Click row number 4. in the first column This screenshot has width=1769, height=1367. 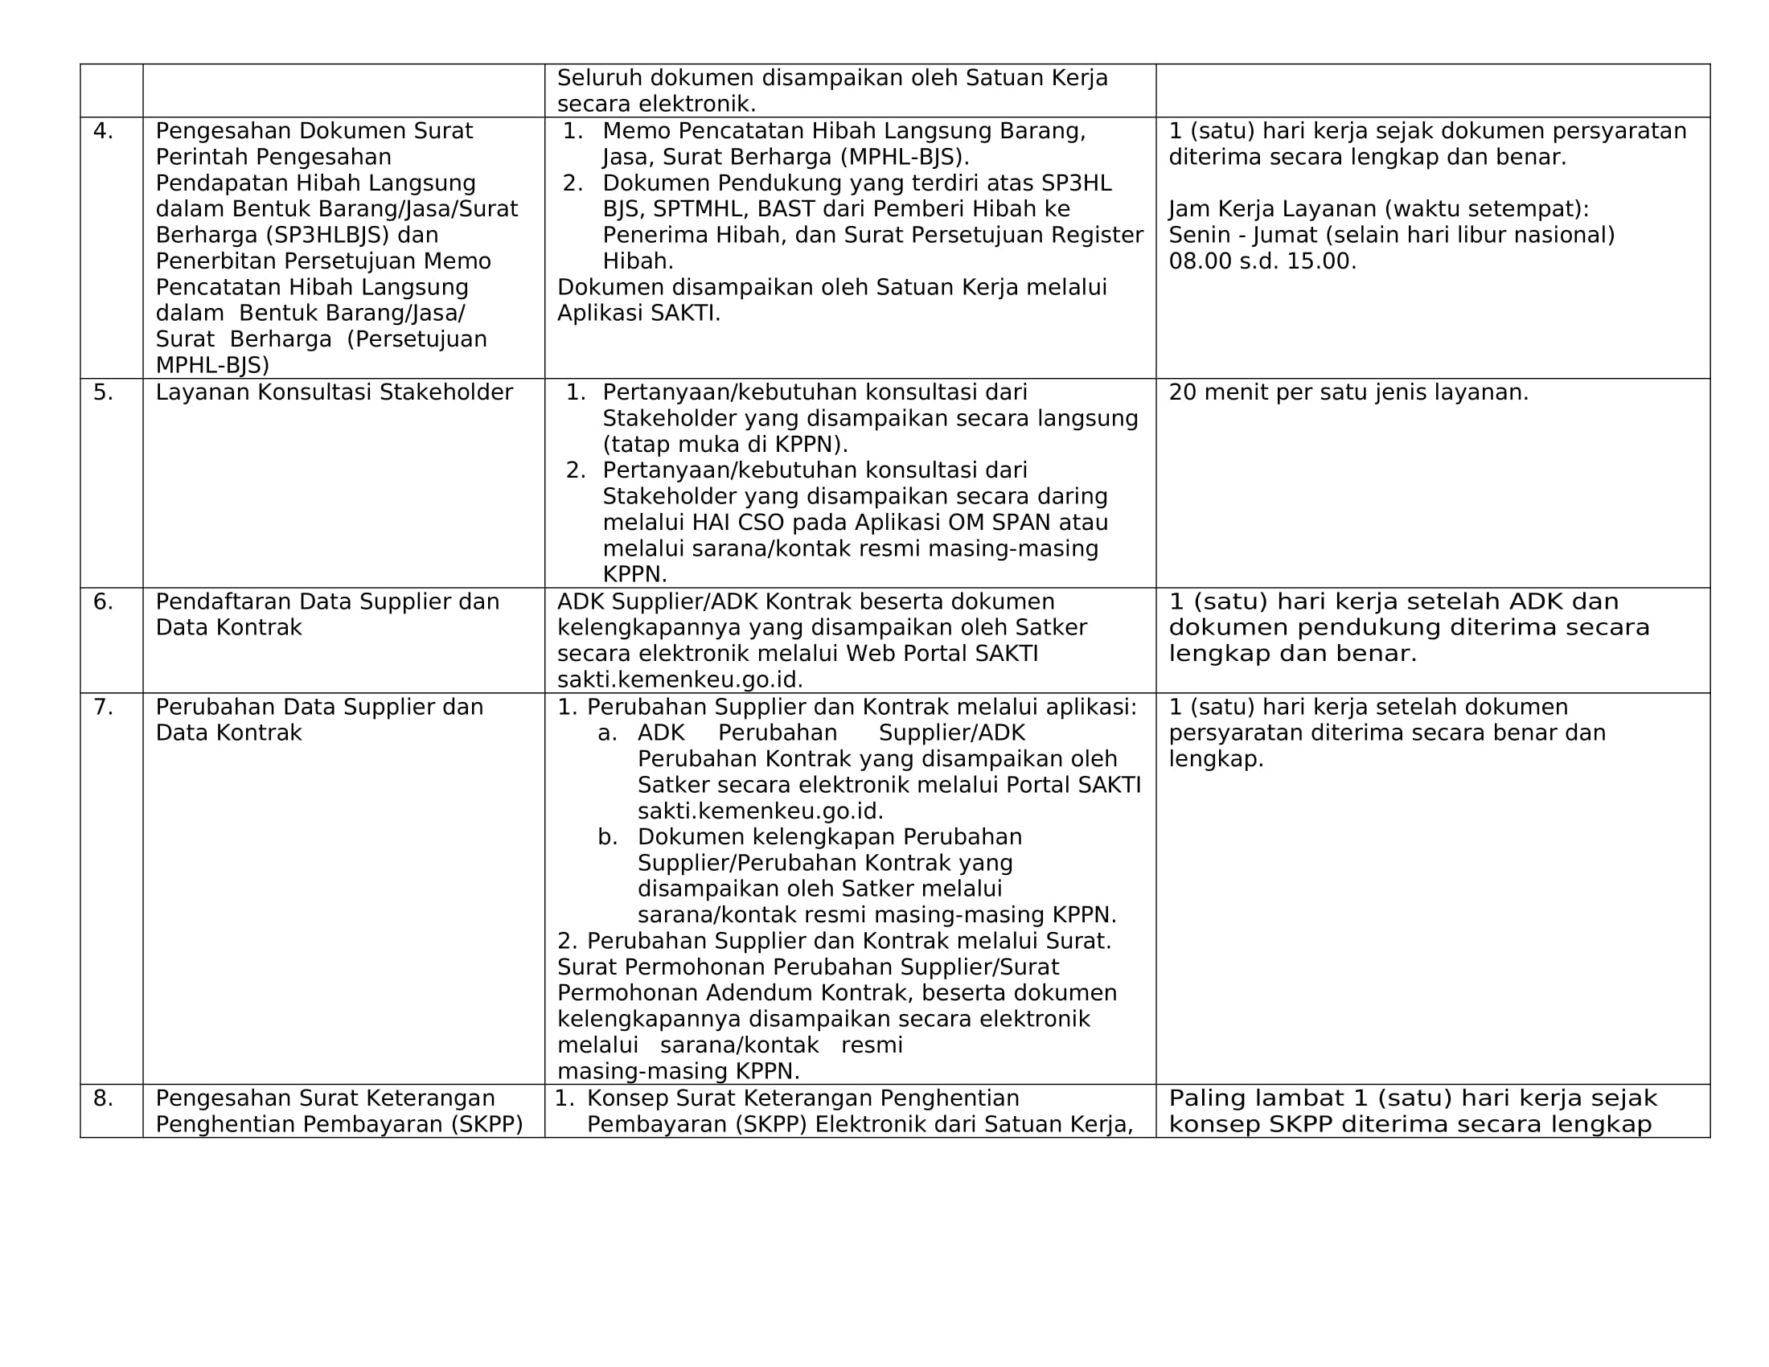[103, 131]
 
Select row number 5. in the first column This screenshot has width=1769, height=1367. [103, 392]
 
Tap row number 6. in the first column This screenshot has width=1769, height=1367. [103, 601]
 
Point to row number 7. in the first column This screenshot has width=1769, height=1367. [103, 707]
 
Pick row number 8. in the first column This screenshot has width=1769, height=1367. [103, 1098]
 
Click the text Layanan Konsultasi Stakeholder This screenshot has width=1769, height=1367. [334, 392]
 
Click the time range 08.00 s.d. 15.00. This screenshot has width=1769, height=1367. [1262, 261]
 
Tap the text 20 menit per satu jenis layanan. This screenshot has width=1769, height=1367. [1348, 392]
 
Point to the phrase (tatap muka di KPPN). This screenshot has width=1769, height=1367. [725, 445]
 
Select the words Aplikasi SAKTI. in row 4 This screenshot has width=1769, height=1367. [638, 314]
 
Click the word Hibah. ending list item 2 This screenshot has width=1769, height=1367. [638, 261]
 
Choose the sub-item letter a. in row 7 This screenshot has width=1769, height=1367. [607, 733]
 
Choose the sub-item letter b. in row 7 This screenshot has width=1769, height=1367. [607, 836]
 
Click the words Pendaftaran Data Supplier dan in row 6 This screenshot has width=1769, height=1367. [327, 601]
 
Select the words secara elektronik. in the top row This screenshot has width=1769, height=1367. [656, 105]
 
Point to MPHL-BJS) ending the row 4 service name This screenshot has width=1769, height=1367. [212, 365]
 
